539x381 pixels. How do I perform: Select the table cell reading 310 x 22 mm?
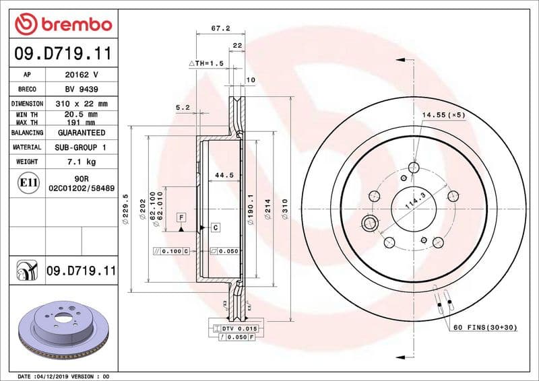point(81,104)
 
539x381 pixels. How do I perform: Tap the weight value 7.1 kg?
point(81,162)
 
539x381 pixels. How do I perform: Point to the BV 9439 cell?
point(81,89)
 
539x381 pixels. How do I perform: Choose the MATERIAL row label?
point(27,147)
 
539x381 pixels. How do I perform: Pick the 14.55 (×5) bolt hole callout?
point(443,115)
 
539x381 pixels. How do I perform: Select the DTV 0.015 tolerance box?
point(236,327)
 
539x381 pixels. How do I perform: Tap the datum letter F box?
point(181,217)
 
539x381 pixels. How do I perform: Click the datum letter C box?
point(215,228)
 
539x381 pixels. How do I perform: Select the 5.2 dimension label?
point(182,107)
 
